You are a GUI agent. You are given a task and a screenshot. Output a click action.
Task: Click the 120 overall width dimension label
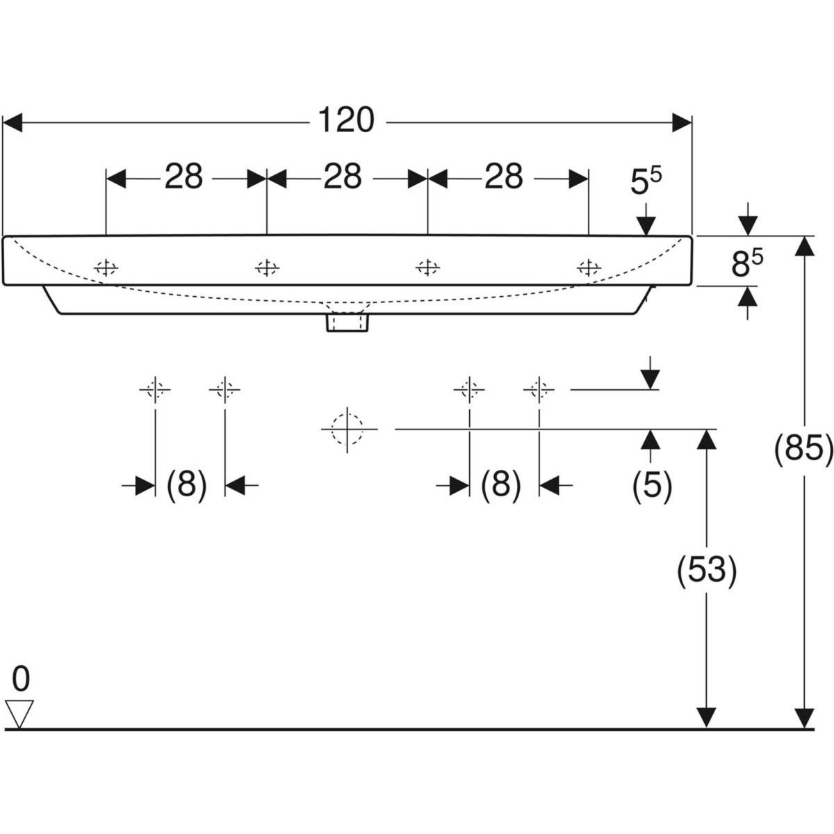point(346,121)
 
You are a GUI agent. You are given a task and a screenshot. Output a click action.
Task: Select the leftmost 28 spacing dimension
point(183,177)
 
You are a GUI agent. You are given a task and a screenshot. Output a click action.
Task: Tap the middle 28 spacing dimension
point(343,177)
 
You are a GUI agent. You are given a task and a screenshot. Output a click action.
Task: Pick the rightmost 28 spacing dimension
point(504,177)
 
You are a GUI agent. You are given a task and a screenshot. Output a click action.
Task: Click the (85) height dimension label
point(803,451)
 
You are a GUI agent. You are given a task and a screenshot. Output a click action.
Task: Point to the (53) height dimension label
point(706,570)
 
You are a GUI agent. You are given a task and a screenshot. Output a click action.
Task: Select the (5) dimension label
point(651,486)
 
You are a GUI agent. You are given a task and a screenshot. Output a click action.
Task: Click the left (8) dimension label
point(187,484)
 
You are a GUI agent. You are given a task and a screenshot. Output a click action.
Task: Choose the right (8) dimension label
point(501,484)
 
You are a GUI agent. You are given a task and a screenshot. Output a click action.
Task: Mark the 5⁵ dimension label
point(646,183)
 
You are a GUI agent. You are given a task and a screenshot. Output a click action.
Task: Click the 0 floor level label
point(21,679)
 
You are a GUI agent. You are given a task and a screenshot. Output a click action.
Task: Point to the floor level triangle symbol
point(19,714)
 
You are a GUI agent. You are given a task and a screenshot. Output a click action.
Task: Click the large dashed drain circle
point(347,430)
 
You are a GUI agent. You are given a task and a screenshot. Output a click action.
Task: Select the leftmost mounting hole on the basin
point(106,267)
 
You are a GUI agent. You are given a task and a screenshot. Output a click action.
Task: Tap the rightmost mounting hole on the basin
point(589,267)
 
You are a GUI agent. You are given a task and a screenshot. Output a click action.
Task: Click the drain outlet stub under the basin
point(347,322)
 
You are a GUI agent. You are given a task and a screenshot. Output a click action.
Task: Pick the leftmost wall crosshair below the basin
point(155,390)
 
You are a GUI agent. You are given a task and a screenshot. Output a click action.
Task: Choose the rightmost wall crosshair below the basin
point(539,390)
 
